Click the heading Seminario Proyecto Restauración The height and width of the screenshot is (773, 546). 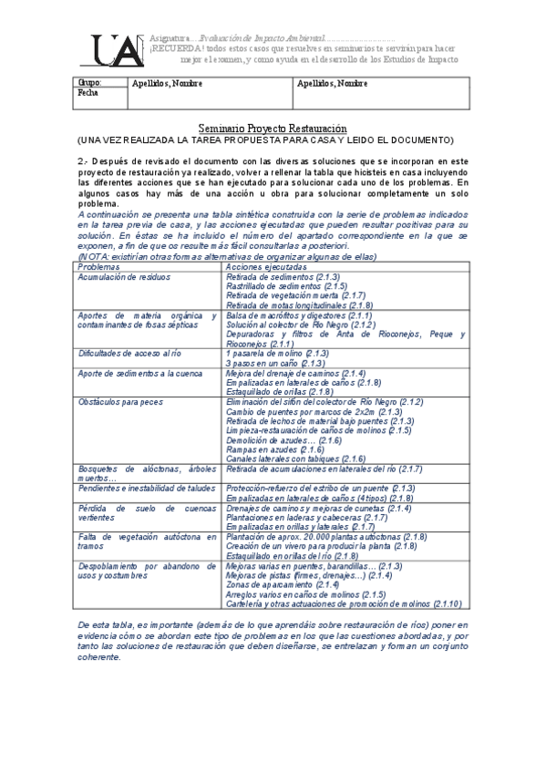(273, 130)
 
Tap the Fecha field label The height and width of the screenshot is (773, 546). (88, 93)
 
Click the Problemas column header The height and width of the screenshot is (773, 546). (100, 242)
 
